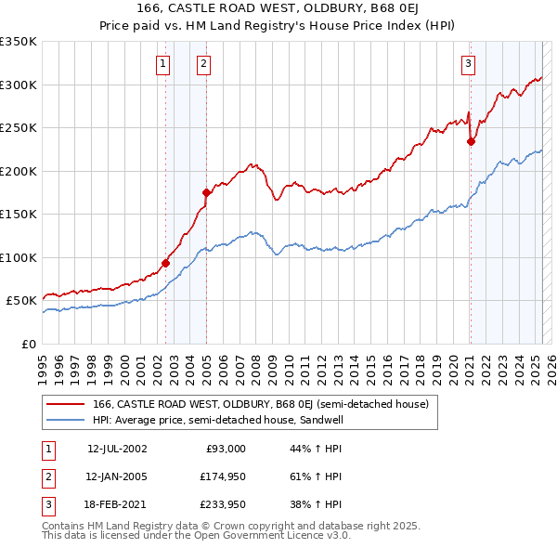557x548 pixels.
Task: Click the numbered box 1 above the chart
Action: coord(163,64)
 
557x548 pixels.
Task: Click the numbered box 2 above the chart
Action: coord(202,64)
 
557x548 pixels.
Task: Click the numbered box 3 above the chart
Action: coord(469,64)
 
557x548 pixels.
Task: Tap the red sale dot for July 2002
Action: coord(166,263)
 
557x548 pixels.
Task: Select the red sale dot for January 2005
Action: coord(206,192)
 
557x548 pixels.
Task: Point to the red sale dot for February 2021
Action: coord(471,142)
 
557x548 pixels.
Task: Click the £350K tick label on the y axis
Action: coord(19,42)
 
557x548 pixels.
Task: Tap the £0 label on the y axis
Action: coord(28,344)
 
